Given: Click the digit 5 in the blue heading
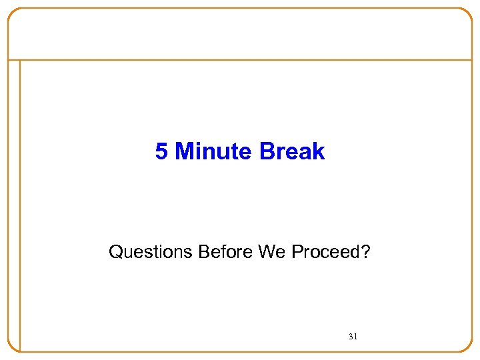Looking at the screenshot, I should pos(161,152).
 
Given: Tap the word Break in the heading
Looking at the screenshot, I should pos(292,152).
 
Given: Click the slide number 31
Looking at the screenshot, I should pos(353,337).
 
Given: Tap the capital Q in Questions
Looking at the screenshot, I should pos(115,252).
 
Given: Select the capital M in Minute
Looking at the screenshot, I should pos(183,152).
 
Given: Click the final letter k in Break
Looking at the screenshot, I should pos(319,152).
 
